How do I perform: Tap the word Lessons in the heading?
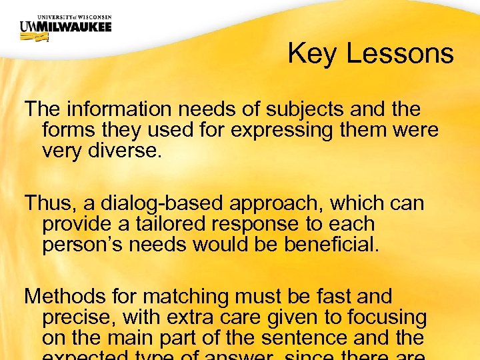[x=401, y=53]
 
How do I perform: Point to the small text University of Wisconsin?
[x=65, y=16]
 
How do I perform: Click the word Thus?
[x=45, y=203]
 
